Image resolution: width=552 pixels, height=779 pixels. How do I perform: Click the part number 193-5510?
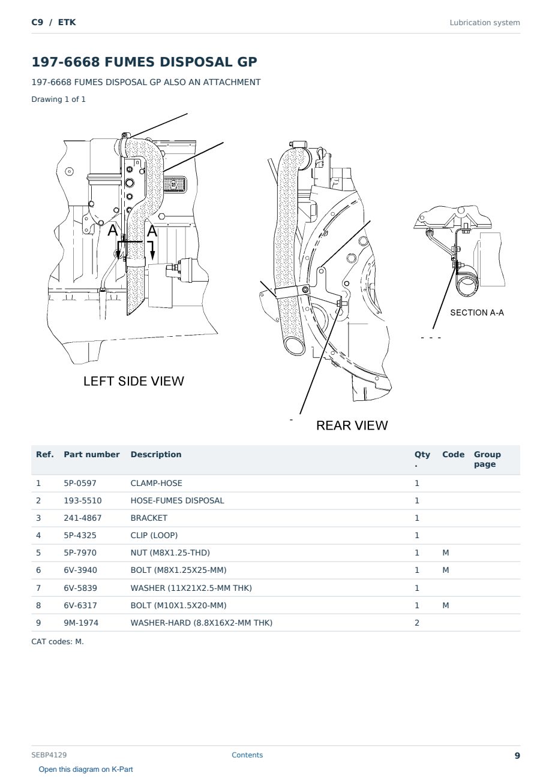pos(83,500)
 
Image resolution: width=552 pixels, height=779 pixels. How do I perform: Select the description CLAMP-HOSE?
pos(156,483)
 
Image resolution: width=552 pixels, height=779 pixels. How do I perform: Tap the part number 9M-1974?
pos(81,623)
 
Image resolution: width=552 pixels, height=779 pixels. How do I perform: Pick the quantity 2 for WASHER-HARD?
pos(417,623)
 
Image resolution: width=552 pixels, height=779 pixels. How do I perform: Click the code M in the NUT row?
pos(445,552)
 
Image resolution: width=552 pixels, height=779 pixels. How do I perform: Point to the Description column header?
pos(156,454)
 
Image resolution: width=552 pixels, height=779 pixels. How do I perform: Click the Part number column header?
pos(92,454)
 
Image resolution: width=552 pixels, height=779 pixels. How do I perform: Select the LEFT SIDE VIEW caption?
pos(134,381)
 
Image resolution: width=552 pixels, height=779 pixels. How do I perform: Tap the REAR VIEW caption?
pos(352,425)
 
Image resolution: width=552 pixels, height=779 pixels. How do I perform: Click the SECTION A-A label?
pos(477,313)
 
